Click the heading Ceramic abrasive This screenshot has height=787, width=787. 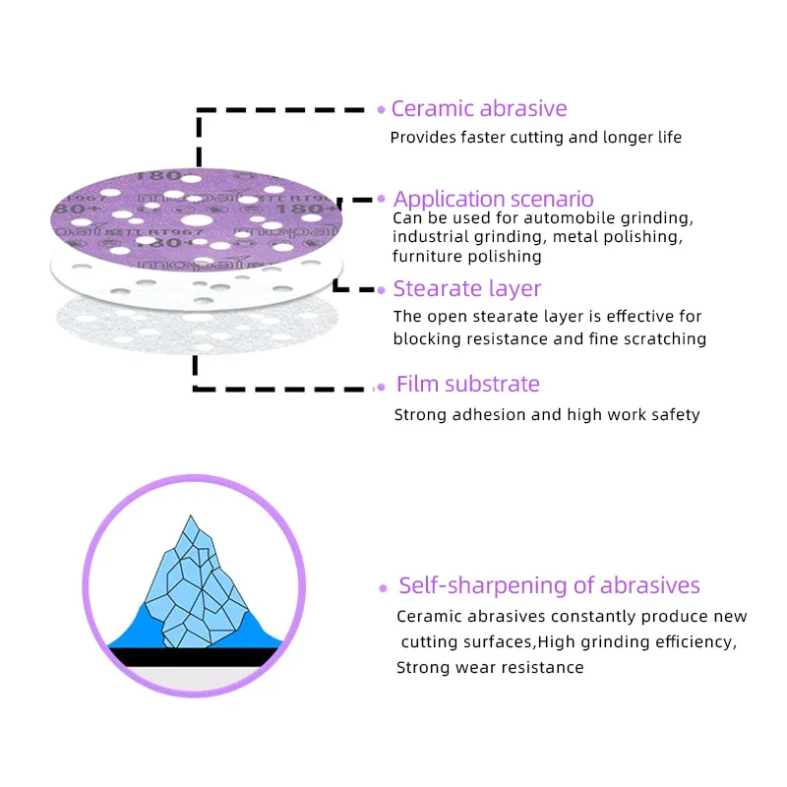pos(479,109)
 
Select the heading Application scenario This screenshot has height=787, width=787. pos(494,200)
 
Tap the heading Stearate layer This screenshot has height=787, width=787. pos(467,289)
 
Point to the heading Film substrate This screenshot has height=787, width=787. pos(468,385)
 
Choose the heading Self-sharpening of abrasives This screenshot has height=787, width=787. pos(549,586)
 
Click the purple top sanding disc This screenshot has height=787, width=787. pos(197,216)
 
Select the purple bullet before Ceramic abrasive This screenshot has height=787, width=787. pos(382,110)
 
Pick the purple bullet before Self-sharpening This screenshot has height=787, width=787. pos(384,588)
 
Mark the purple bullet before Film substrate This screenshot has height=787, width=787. pos(382,387)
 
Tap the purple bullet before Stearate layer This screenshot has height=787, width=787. pos(382,290)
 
